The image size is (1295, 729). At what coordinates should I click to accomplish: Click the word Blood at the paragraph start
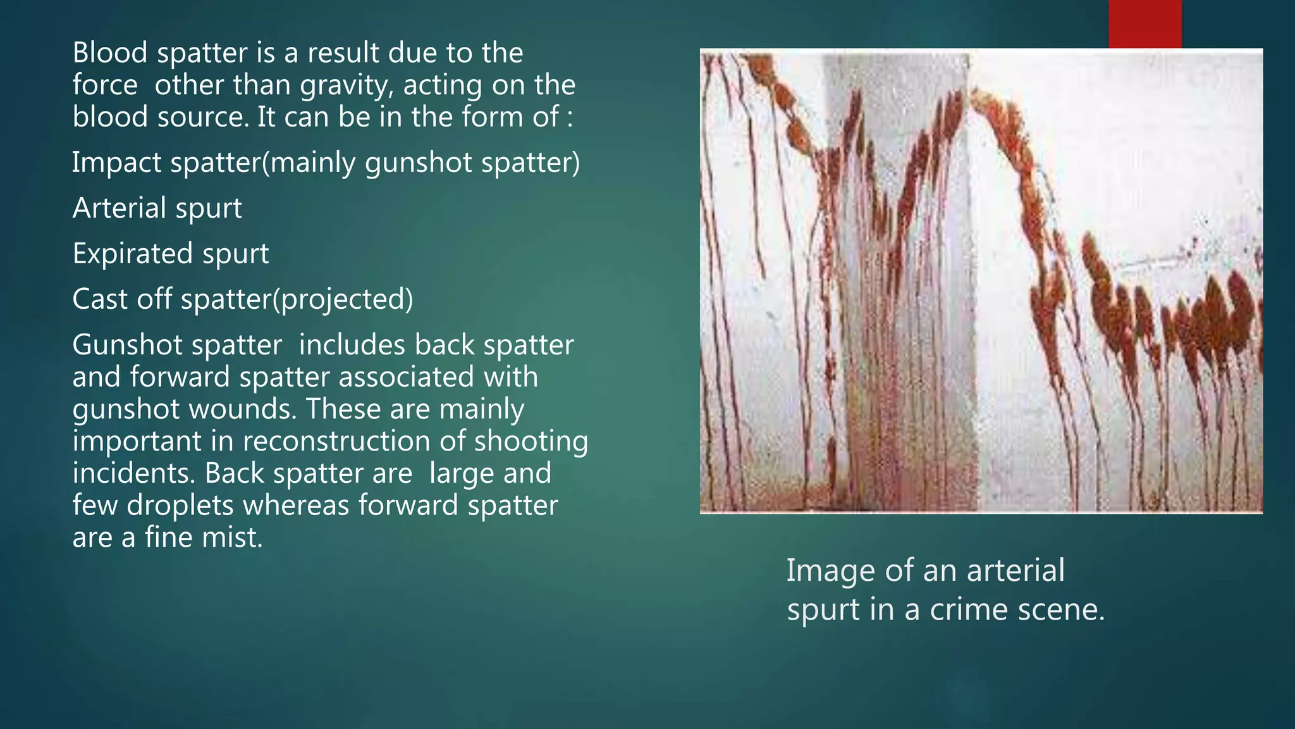pos(110,53)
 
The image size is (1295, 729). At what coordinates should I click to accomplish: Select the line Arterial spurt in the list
pos(157,208)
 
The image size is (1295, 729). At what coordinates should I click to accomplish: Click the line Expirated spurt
pos(171,254)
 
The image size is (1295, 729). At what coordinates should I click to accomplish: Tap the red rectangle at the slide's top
pos(1145,23)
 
